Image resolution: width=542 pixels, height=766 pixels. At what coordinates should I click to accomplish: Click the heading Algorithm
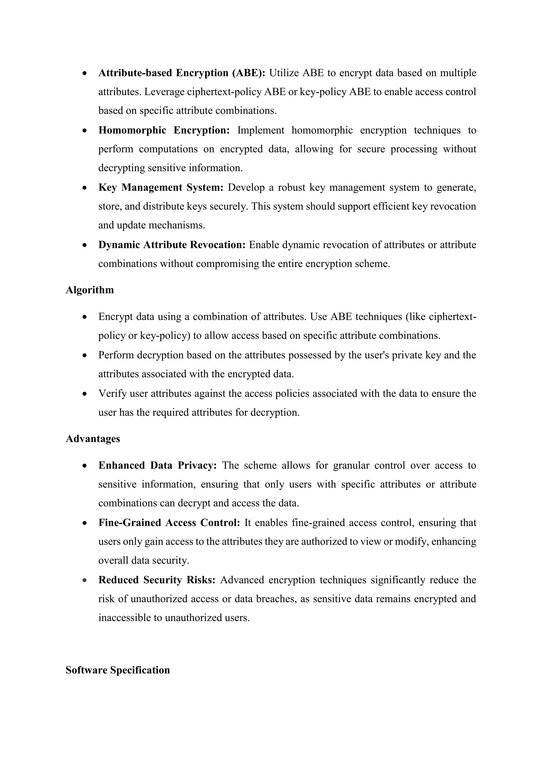(89, 290)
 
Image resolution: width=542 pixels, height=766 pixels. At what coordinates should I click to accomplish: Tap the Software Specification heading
(118, 670)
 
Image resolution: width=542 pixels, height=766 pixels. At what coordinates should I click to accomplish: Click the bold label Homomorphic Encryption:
(164, 130)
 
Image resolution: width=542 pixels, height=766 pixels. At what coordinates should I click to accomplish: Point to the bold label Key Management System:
(161, 188)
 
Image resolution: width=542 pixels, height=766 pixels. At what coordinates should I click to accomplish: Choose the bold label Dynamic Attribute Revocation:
(172, 245)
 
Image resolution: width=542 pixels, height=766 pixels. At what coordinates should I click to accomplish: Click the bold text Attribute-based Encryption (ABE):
(182, 73)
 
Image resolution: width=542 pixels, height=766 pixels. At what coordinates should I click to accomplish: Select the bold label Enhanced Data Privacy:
(157, 466)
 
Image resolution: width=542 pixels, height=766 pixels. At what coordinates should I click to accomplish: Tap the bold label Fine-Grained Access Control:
(169, 523)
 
